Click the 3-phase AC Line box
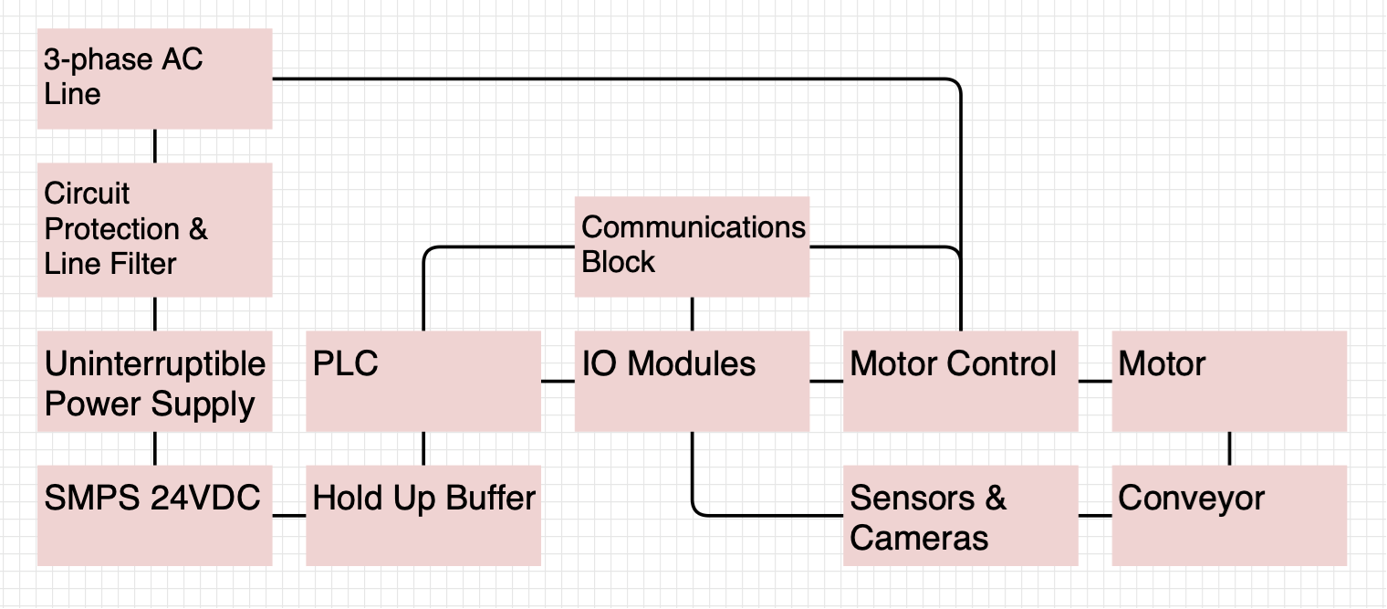tap(154, 79)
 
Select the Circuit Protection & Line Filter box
tap(154, 229)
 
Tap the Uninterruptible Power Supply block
tap(154, 382)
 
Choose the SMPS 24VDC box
tap(154, 516)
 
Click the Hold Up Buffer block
tap(423, 516)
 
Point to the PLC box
tap(423, 382)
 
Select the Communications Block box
tap(692, 247)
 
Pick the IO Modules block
tap(692, 382)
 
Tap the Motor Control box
tap(960, 382)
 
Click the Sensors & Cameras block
tap(960, 516)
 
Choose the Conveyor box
tap(1229, 516)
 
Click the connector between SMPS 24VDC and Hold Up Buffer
tap(289, 516)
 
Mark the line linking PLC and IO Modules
tap(558, 381)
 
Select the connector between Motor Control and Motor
tap(1095, 381)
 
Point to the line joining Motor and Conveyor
tap(1229, 448)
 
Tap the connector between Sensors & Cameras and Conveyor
tap(1095, 516)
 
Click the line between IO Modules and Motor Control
tap(826, 381)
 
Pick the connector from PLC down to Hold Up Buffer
tap(423, 448)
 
